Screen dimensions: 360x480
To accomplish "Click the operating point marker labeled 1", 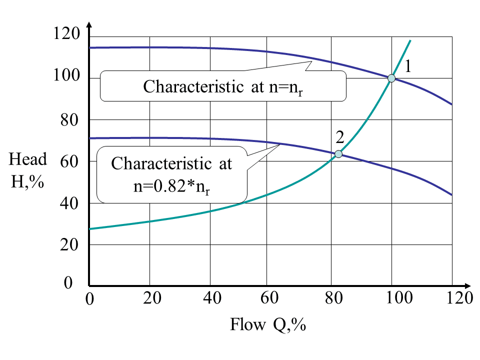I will [391, 78].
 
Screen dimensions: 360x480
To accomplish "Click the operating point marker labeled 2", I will [338, 154].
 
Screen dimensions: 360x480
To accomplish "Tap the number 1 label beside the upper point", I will [408, 66].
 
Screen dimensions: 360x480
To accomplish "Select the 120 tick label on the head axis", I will [66, 34].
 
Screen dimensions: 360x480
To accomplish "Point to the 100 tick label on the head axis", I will [66, 76].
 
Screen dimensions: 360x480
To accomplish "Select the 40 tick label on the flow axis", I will [212, 298].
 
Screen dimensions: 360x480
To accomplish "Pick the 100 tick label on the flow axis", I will [399, 298].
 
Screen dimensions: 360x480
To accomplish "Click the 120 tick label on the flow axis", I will [459, 298].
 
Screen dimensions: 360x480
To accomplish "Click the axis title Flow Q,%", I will [267, 325].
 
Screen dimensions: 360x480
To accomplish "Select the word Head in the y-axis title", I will [28, 159].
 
